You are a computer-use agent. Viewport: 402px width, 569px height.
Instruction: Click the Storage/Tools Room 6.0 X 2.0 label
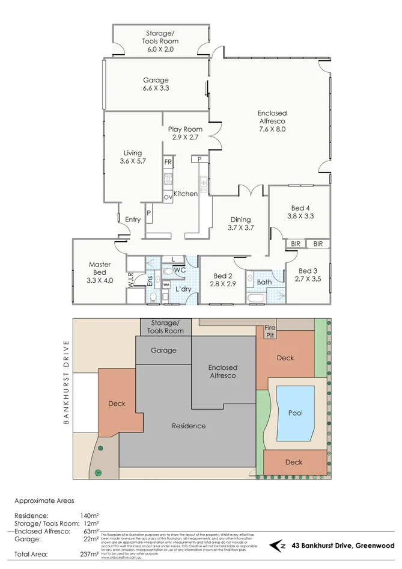click(160, 42)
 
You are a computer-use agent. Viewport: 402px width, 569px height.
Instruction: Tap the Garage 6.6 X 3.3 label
click(156, 84)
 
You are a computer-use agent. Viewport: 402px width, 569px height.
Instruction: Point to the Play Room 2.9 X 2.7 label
click(184, 133)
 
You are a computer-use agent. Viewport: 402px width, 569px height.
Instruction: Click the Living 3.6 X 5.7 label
click(133, 157)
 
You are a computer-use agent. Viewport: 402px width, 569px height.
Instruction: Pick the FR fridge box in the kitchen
click(168, 163)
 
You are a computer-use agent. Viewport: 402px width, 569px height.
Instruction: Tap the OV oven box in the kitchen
click(168, 197)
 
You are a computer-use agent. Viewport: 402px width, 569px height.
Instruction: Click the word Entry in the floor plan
click(133, 220)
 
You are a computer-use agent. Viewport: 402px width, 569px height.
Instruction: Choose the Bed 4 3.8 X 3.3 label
click(300, 212)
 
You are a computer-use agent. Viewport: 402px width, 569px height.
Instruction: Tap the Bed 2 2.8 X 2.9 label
click(221, 280)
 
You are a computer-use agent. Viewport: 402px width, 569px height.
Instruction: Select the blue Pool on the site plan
click(295, 413)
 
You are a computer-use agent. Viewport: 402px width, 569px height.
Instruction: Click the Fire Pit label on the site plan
click(270, 331)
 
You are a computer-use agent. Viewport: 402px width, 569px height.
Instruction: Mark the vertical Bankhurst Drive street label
click(67, 383)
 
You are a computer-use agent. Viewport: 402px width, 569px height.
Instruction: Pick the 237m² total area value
click(88, 555)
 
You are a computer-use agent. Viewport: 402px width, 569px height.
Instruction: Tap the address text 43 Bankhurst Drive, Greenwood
click(343, 546)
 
